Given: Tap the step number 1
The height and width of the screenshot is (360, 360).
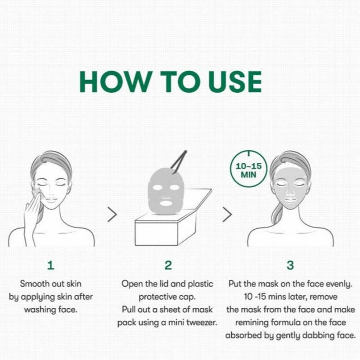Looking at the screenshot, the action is (x=51, y=265).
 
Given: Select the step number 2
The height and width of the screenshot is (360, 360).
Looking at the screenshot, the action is (x=168, y=265).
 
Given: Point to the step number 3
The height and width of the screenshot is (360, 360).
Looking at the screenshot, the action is (x=290, y=265).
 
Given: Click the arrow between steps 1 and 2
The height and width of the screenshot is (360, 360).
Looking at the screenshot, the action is (x=112, y=215).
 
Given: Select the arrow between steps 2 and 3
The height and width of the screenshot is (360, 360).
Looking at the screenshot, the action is (x=227, y=215).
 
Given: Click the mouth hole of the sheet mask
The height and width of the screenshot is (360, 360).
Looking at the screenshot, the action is (x=166, y=203).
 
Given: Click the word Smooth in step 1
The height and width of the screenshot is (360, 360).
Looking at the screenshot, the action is (x=34, y=284).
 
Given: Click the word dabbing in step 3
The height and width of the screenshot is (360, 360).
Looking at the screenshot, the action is (x=319, y=335).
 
